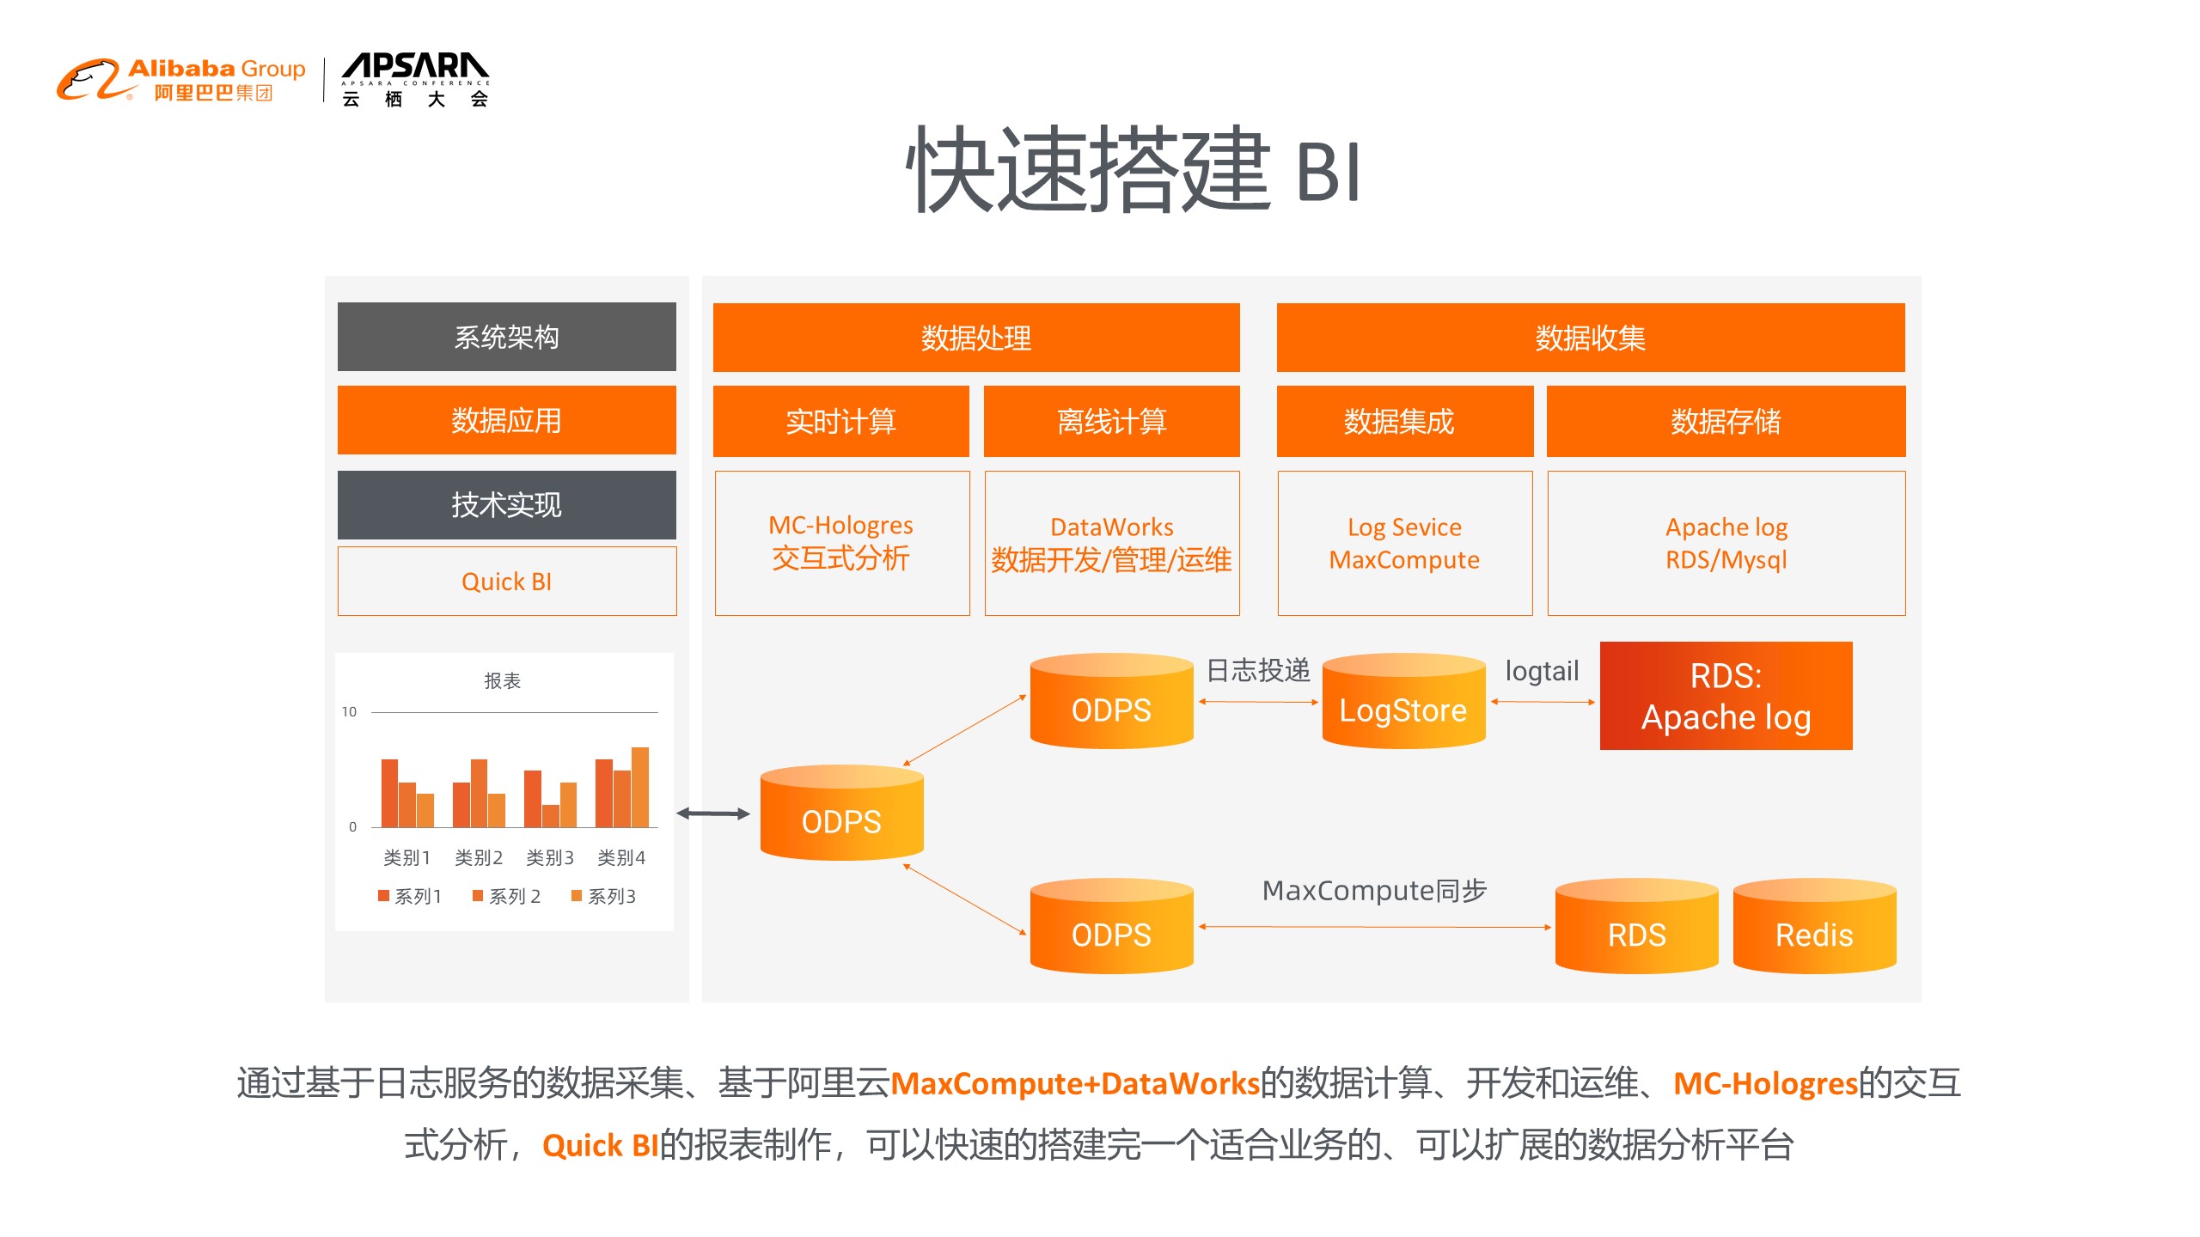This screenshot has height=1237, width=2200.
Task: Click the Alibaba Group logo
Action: (x=181, y=80)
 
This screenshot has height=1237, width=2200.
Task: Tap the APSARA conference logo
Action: (x=415, y=80)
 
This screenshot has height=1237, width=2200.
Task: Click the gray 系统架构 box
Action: (x=506, y=337)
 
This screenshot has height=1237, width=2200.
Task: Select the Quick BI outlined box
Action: (x=506, y=582)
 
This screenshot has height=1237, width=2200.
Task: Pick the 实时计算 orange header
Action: (x=840, y=421)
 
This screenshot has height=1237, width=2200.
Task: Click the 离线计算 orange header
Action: (x=1111, y=421)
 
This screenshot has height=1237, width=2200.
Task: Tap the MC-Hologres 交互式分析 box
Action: (x=841, y=543)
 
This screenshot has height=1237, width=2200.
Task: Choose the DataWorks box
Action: (x=1111, y=543)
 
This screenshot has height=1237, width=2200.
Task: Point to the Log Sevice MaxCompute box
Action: (x=1404, y=543)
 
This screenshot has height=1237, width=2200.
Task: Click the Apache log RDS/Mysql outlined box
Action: (x=1726, y=543)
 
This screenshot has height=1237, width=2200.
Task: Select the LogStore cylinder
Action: (x=1403, y=702)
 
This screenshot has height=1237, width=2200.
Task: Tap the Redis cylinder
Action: (x=1814, y=927)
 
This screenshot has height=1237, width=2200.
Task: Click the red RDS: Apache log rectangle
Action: (x=1726, y=696)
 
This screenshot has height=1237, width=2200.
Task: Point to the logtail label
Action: (x=1542, y=671)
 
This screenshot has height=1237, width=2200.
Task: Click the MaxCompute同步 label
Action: (x=1374, y=891)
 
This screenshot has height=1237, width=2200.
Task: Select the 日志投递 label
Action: (x=1258, y=670)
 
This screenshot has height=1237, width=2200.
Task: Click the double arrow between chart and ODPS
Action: (x=712, y=813)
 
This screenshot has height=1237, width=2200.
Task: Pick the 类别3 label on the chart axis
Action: (x=550, y=857)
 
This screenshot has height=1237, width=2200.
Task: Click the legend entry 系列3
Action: (x=604, y=896)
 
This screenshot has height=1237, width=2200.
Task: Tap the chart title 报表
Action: (x=503, y=681)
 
